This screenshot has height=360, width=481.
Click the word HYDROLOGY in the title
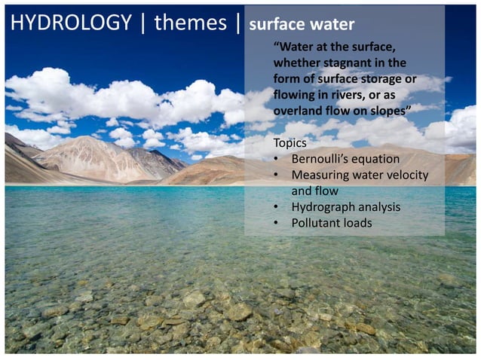coord(71,23)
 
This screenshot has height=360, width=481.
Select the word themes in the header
coord(190,23)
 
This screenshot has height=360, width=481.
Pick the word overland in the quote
coord(300,111)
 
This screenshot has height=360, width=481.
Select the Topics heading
coord(290,143)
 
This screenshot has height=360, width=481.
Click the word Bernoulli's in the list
coord(322,159)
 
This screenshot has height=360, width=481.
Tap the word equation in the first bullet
coord(376,159)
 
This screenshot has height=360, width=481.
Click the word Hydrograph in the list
coord(322,207)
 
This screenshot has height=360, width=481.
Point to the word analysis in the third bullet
coord(378,207)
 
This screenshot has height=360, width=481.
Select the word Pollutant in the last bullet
coord(317,223)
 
